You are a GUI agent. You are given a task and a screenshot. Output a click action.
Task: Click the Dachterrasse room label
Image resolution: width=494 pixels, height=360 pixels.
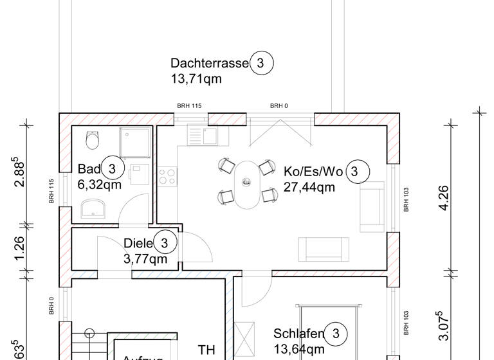209,63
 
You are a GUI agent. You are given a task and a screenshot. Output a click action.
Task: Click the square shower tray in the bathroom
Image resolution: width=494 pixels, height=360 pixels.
136,142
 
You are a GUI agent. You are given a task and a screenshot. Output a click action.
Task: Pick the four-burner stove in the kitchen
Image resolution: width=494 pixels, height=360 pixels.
167,175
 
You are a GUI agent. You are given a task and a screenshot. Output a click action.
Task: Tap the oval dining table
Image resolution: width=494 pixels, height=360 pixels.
246,184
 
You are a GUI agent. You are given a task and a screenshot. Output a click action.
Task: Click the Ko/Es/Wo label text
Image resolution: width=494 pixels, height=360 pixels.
313,172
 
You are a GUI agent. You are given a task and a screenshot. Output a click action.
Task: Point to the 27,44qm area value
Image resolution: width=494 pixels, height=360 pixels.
309,188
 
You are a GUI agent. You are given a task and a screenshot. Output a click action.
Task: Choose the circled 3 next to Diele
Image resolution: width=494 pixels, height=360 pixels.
165,243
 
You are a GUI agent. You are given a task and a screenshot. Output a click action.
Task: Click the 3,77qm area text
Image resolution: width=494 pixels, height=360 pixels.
145,259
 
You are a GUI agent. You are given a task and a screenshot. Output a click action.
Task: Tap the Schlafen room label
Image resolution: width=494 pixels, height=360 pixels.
298,334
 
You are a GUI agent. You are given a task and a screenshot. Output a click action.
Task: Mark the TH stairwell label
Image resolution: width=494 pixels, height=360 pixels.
206,350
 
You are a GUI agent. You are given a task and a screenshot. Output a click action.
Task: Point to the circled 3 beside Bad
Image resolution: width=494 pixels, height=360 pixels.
112,169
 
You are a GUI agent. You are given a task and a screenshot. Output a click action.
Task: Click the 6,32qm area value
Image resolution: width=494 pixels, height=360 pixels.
100,185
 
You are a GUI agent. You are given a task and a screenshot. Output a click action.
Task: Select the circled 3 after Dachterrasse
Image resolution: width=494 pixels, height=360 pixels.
261,63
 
